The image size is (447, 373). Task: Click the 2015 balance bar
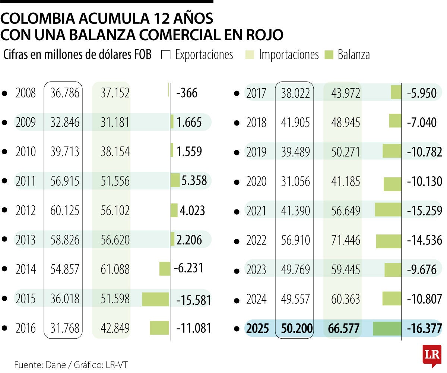pos(156,299)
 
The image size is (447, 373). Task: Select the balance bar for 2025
pos(387,329)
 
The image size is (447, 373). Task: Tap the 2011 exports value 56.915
pos(65,181)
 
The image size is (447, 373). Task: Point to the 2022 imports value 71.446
pos(346,240)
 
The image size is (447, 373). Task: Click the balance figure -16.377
pos(424,329)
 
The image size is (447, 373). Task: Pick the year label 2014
pos(26,269)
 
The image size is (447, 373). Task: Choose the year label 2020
pos(256,181)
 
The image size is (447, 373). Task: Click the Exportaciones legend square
pos(166,55)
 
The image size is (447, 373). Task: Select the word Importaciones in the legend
pos(289,55)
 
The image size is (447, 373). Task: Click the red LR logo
pos(432,356)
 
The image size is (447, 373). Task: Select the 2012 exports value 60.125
pos(65,211)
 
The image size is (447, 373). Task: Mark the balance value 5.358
pos(194,181)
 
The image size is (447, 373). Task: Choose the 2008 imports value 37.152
pos(115,93)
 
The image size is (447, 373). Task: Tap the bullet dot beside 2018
pos(236,123)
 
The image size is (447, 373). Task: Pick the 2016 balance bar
pos(159,328)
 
